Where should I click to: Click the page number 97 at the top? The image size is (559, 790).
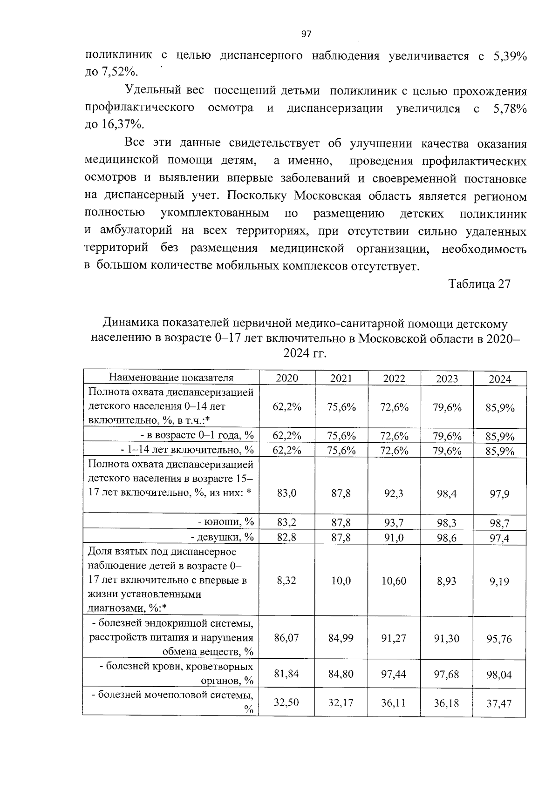pos(306,34)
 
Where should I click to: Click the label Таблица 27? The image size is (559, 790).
pos(479,284)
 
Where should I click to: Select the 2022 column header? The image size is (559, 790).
pos(394,378)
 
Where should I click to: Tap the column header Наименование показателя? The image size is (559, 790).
pos(171,378)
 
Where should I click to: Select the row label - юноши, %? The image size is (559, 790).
pos(226,522)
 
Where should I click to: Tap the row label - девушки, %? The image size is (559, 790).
pos(222,537)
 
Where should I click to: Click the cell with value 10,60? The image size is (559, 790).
pos(394,581)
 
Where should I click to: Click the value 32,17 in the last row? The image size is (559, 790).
pos(341,702)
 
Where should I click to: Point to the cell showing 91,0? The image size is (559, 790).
pos(394,538)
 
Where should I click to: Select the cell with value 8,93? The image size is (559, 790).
pos(447,581)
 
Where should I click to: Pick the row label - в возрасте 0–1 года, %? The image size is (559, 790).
pos(197,436)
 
